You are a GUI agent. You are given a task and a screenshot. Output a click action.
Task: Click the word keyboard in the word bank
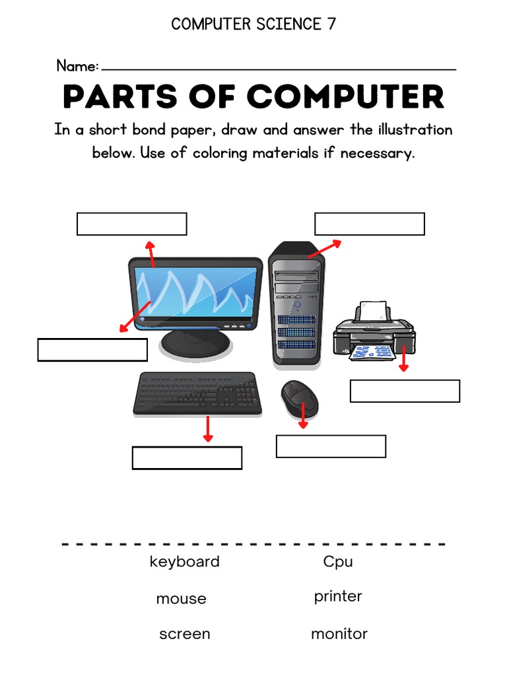[184, 562]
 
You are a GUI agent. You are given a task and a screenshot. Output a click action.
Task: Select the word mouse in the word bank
[181, 599]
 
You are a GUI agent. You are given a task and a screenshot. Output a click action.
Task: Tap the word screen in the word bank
[184, 634]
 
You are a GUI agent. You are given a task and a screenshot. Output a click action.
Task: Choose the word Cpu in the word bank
[338, 562]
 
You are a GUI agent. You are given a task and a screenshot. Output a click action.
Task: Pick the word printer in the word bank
[338, 597]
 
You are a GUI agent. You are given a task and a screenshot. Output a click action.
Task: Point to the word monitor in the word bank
[339, 634]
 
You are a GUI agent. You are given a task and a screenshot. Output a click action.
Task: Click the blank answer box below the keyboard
[187, 457]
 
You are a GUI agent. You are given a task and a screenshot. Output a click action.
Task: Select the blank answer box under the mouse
[331, 446]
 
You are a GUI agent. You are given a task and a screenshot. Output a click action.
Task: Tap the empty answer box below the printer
[405, 391]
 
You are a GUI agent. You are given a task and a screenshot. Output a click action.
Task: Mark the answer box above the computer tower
[369, 224]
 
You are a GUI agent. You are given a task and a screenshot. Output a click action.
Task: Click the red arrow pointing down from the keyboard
[208, 428]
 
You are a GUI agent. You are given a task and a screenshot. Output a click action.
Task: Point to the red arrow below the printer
[403, 357]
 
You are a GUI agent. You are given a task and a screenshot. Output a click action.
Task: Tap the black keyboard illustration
[197, 393]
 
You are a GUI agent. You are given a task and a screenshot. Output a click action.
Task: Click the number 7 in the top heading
[331, 24]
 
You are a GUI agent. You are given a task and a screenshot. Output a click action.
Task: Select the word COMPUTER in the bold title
[345, 98]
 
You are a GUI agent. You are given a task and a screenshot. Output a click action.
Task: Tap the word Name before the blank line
[77, 66]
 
